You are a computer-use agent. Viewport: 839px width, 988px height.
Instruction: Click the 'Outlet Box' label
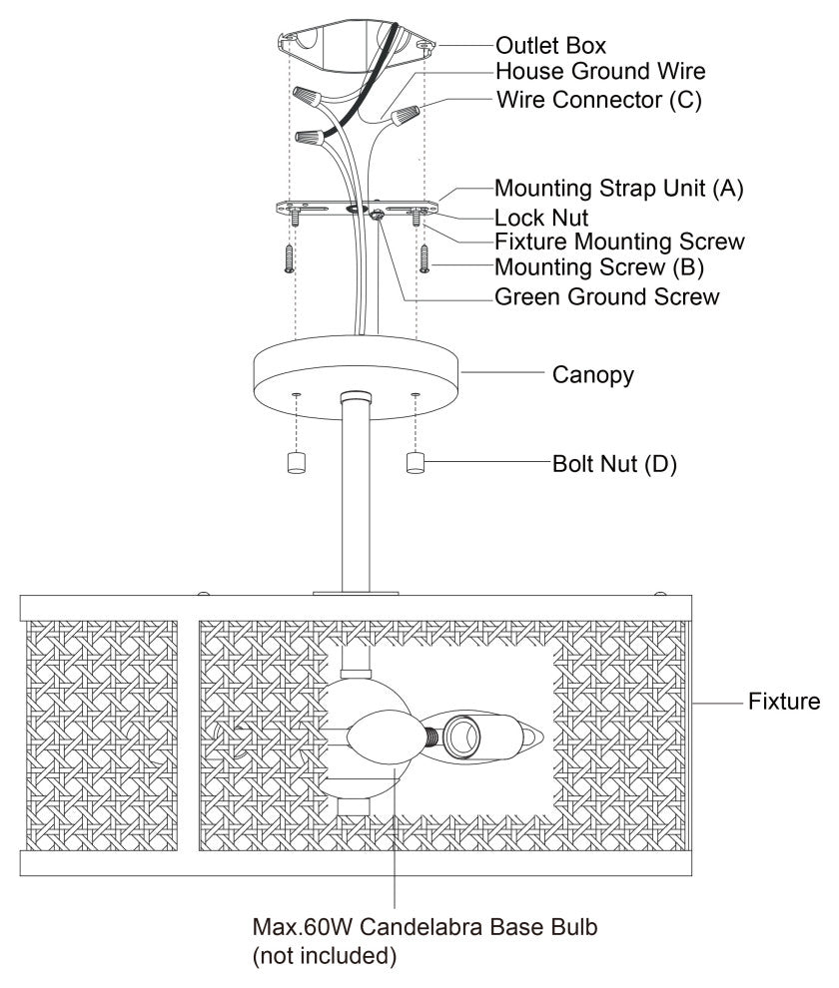click(x=550, y=46)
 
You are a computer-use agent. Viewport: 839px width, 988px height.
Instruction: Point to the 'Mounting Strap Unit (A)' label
click(x=619, y=188)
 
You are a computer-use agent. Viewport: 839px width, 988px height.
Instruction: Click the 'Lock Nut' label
click(x=544, y=216)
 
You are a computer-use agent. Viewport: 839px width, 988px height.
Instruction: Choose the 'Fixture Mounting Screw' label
click(x=619, y=242)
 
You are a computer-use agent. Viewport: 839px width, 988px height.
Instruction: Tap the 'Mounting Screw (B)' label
click(x=601, y=267)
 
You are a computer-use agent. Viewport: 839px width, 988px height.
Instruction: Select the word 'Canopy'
click(x=593, y=375)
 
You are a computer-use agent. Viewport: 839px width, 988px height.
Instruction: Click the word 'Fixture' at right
click(x=784, y=703)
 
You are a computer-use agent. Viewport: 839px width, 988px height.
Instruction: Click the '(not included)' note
click(x=326, y=957)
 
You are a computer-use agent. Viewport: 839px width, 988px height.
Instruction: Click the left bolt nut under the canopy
click(x=296, y=463)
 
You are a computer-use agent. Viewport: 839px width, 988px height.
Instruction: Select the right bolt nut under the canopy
click(x=416, y=463)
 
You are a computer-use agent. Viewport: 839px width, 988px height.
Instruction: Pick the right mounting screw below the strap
click(x=423, y=256)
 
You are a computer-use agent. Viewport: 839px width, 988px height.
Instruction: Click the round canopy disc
click(x=356, y=375)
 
